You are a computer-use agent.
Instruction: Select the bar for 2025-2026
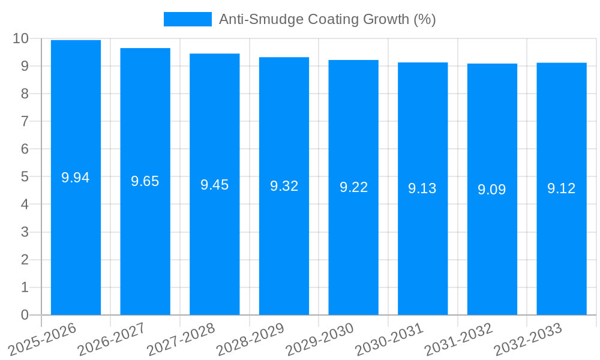coord(76,240)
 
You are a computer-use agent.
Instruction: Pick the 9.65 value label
coord(145,181)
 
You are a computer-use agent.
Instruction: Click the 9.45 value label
coord(215,185)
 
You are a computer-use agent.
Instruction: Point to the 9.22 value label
coord(353,187)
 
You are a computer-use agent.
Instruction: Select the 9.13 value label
coord(422,188)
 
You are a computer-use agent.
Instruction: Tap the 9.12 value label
coord(562,188)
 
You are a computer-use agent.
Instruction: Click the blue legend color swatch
coord(187,19)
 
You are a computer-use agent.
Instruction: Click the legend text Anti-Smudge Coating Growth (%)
coord(327,19)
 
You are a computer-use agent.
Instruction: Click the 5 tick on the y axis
coord(25,177)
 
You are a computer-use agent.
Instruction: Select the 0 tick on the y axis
coord(25,315)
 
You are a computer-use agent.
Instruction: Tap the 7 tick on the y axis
coord(25,121)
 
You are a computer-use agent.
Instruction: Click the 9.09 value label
coord(492,190)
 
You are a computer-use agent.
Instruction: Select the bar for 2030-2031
coord(422,252)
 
